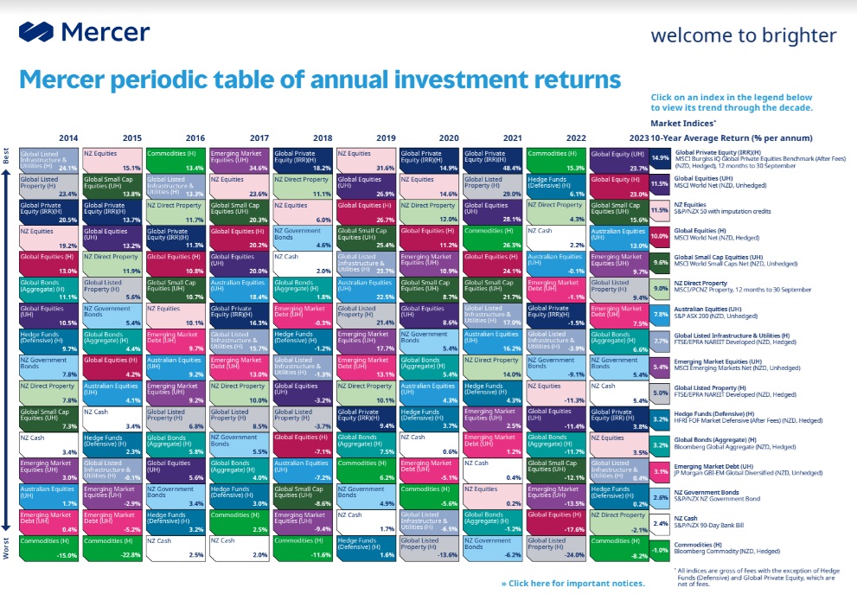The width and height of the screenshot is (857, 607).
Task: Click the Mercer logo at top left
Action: click(x=84, y=32)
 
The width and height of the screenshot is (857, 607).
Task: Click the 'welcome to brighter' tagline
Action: click(x=743, y=35)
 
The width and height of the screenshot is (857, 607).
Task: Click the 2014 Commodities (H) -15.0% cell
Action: click(x=49, y=548)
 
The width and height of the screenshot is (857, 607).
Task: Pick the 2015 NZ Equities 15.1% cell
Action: click(x=112, y=159)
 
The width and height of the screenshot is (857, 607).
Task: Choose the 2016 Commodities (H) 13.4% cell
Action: click(x=176, y=159)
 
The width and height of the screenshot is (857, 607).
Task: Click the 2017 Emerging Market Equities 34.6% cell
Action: click(x=240, y=159)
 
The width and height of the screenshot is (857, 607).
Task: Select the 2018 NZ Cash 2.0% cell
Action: click(x=303, y=263)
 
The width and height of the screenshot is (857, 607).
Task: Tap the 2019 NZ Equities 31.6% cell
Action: click(x=366, y=159)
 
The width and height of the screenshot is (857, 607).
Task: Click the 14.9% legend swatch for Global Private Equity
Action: click(x=660, y=158)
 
